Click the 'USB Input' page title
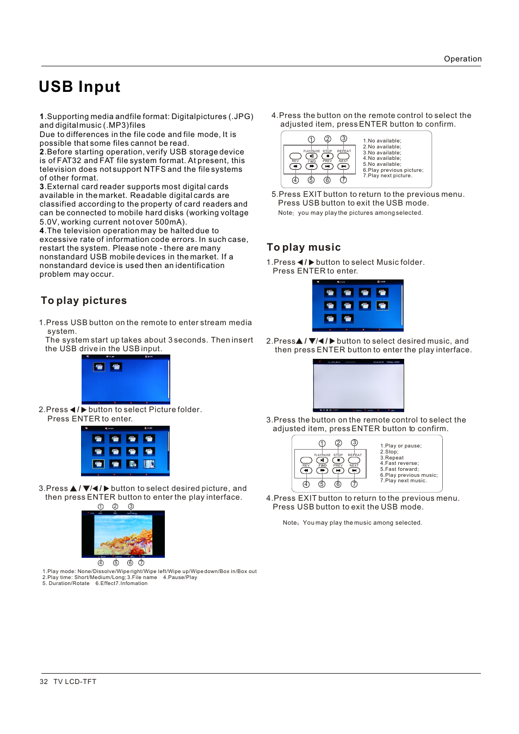pyautogui.click(x=79, y=87)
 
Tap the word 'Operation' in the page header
pyautogui.click(x=462, y=59)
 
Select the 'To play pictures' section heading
pyautogui.click(x=84, y=301)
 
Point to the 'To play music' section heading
pyautogui.click(x=304, y=247)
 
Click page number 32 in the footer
pyautogui.click(x=44, y=681)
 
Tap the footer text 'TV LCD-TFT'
pyautogui.click(x=75, y=681)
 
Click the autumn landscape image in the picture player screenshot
pyautogui.click(x=123, y=534)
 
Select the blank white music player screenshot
pyautogui.click(x=359, y=385)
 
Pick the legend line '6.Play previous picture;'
pyautogui.click(x=393, y=170)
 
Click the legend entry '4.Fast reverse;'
pyautogui.click(x=399, y=463)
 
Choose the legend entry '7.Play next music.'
pyautogui.click(x=403, y=481)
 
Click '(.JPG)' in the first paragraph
pyautogui.click(x=240, y=116)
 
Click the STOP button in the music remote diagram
pyautogui.click(x=338, y=460)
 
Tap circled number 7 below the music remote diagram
pyautogui.click(x=354, y=484)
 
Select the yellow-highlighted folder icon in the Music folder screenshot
pyautogui.click(x=382, y=306)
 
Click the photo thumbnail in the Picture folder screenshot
pyautogui.click(x=149, y=464)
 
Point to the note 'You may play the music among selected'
pyautogui.click(x=362, y=522)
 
